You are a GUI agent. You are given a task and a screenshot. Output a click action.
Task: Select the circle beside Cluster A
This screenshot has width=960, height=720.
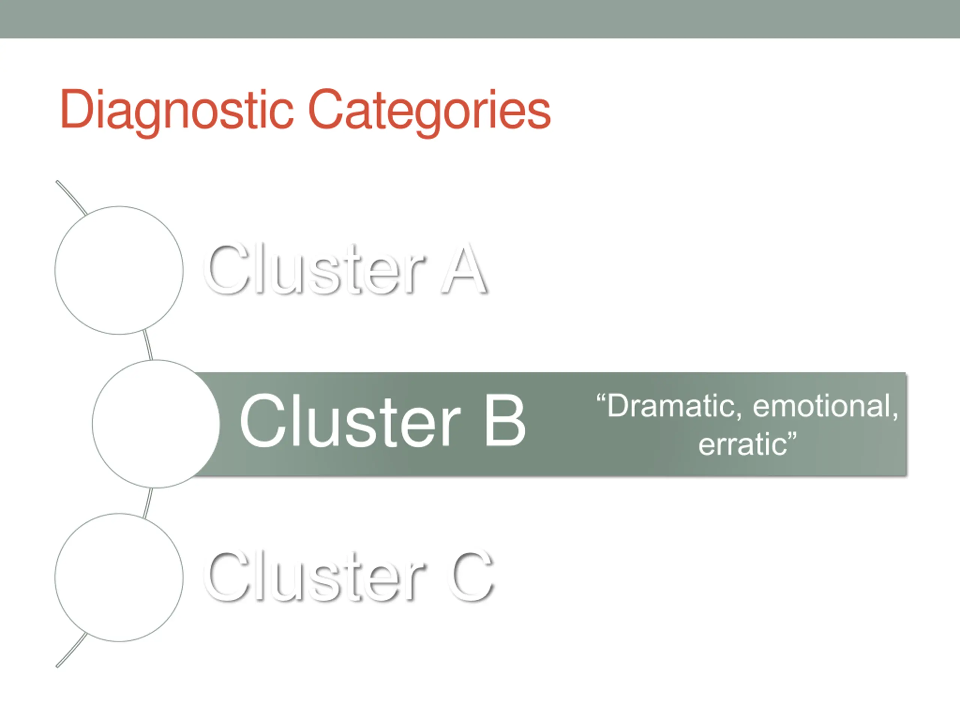pyautogui.click(x=119, y=270)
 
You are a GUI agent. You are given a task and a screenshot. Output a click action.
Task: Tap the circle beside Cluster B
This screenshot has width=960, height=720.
pyautogui.click(x=156, y=424)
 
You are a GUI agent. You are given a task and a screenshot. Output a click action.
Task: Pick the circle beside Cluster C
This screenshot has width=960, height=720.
pyautogui.click(x=119, y=577)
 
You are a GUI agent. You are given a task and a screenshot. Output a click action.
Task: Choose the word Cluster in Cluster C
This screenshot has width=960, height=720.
pyautogui.click(x=315, y=576)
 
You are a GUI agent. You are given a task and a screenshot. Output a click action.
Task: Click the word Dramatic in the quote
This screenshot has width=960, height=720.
pyautogui.click(x=666, y=406)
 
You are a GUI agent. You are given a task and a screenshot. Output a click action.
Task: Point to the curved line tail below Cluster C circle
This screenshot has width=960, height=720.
pyautogui.click(x=71, y=650)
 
